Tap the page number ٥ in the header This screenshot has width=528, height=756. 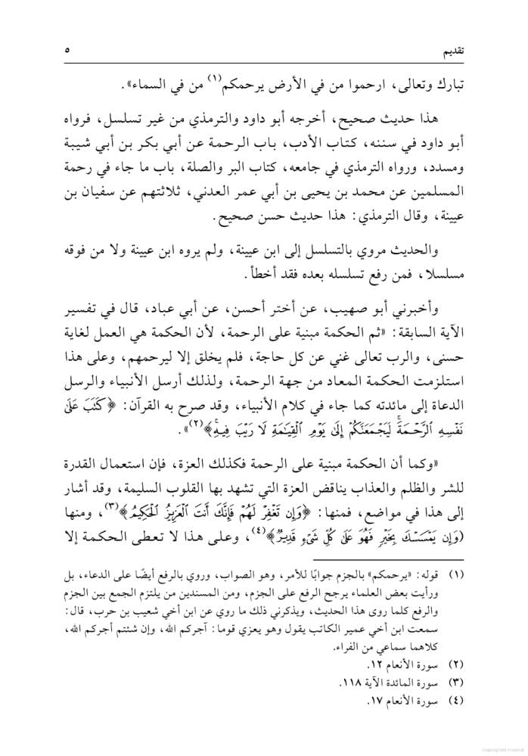click(67, 50)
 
